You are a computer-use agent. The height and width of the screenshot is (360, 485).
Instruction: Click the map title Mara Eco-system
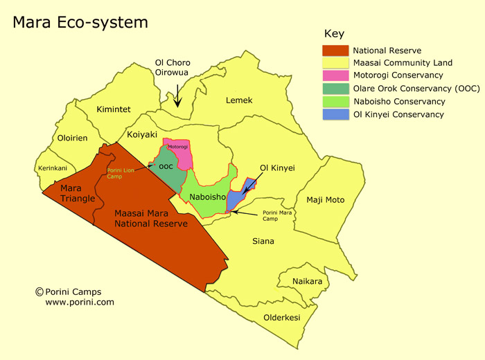[x=80, y=23]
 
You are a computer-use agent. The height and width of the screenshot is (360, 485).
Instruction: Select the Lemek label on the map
[x=239, y=100]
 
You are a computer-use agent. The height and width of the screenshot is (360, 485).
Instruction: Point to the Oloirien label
[x=72, y=138]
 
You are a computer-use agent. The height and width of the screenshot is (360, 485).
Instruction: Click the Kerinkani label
[x=53, y=168]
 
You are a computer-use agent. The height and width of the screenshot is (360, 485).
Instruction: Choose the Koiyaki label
[x=142, y=135]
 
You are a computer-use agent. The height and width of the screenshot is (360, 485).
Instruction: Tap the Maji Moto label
[x=325, y=200]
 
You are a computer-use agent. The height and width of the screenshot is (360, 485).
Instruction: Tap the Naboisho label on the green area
[x=207, y=197]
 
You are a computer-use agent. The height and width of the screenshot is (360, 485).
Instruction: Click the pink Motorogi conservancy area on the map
[x=182, y=155]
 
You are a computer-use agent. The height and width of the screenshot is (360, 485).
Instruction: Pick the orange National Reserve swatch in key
[x=335, y=51]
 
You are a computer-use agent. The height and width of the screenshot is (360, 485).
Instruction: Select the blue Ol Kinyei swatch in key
[x=335, y=114]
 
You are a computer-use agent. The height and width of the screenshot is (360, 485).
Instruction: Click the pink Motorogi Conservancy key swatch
[x=335, y=75]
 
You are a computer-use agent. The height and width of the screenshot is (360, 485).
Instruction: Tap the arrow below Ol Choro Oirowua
[x=177, y=95]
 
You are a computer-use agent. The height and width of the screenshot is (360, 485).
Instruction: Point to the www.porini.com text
[x=80, y=303]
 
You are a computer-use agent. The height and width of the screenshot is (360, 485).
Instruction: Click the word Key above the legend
[x=334, y=34]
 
